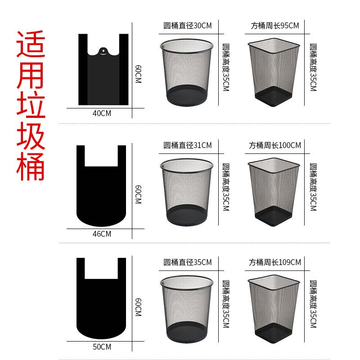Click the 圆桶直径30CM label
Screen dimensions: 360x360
click(187, 26)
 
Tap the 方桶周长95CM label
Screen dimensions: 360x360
click(274, 26)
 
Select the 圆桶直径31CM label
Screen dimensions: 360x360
click(187, 145)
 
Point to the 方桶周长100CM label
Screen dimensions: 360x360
click(274, 145)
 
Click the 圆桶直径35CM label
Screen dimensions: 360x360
click(187, 262)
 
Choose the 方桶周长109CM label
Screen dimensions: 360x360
click(274, 262)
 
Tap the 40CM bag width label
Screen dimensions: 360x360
click(102, 113)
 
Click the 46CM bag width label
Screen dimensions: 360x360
click(102, 234)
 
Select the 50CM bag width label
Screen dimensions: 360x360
click(102, 347)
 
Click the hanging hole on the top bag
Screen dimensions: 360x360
click(103, 51)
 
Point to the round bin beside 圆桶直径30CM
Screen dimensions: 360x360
click(186, 72)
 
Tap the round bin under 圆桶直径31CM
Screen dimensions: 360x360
click(186, 191)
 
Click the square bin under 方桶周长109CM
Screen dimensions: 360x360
click(274, 306)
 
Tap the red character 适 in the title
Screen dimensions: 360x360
click(31, 44)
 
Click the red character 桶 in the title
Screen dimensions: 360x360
click(31, 166)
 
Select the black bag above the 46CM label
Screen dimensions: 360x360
click(101, 189)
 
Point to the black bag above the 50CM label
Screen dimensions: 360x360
click(101, 301)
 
